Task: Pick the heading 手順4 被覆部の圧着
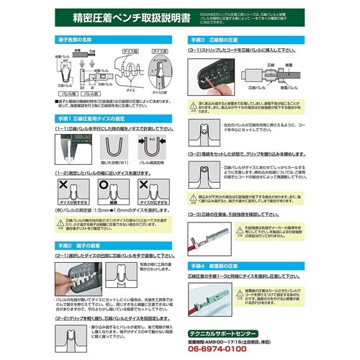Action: click(x=217, y=264)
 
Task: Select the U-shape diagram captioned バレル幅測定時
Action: click(x=153, y=146)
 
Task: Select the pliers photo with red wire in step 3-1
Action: click(x=212, y=77)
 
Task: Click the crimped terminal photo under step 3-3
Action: click(x=216, y=240)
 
